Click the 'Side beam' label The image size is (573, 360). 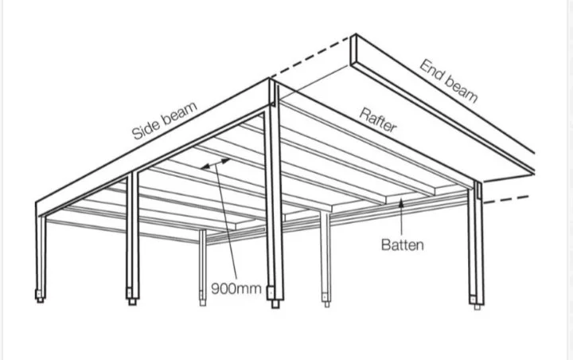(165, 121)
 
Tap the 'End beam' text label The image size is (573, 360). (449, 81)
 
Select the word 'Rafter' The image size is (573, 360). (378, 120)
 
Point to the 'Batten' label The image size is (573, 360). (403, 245)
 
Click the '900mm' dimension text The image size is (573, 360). (236, 288)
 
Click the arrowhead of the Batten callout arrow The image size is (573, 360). (401, 202)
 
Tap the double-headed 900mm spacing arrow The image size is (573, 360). (216, 163)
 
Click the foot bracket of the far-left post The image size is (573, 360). (40, 295)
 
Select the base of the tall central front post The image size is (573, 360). (275, 297)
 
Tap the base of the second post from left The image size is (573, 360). (132, 296)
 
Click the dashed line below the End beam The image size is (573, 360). (506, 199)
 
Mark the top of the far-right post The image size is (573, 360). (478, 182)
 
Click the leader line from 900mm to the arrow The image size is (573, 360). (226, 222)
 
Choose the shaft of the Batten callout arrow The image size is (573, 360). (402, 221)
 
